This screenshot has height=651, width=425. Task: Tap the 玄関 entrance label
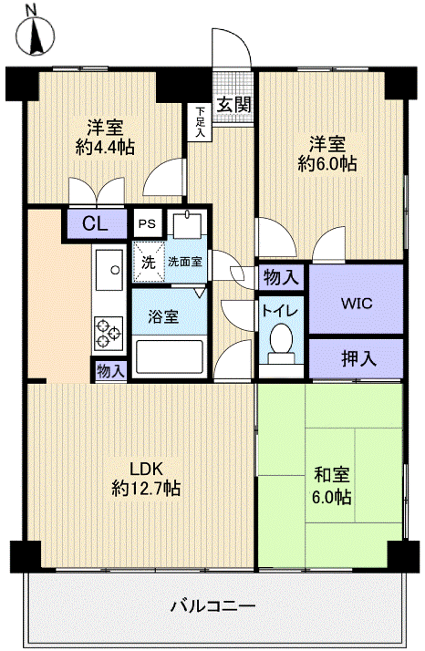[234, 102]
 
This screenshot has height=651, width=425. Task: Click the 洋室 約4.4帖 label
[105, 136]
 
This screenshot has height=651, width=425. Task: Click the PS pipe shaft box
[147, 223]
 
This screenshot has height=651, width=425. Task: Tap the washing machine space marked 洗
[148, 261]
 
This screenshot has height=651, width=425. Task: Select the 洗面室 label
[185, 262]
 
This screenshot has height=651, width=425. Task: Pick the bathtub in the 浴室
[171, 356]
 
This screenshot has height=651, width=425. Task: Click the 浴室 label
[163, 316]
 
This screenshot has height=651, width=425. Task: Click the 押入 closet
[356, 358]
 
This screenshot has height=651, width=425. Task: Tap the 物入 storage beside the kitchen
[110, 370]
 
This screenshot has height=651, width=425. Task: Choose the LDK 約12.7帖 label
[146, 478]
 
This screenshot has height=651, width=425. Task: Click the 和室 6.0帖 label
[330, 487]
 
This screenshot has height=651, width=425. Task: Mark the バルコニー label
[212, 605]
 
